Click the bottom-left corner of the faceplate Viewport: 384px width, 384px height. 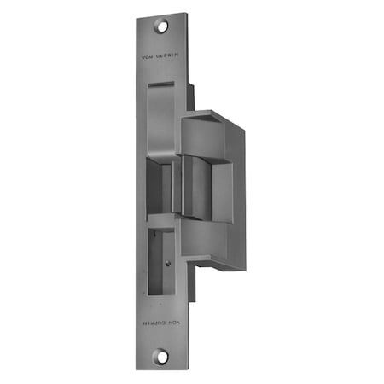point(137,369)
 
